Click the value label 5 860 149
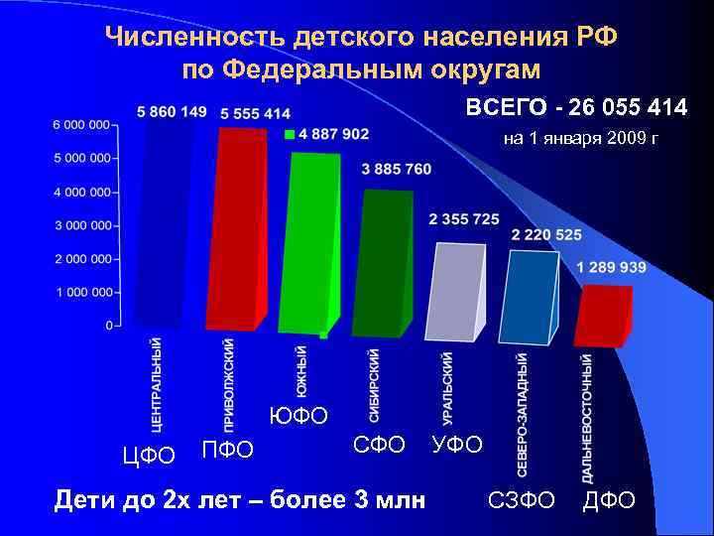[172, 112]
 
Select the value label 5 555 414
[255, 114]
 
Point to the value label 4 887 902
[333, 134]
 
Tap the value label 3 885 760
[397, 169]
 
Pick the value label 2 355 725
[464, 218]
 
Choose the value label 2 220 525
[546, 235]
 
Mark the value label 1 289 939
[612, 267]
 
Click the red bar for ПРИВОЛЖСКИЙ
[238, 228]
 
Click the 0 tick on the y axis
[109, 326]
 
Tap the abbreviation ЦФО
[148, 456]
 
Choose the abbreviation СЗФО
[522, 499]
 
